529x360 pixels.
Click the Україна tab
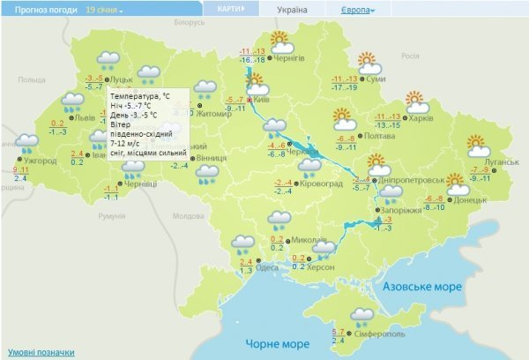tap(293, 10)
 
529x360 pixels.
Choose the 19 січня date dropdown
tap(105, 10)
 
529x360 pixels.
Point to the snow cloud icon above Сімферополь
tap(361, 315)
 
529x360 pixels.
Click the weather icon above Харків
tap(416, 101)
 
